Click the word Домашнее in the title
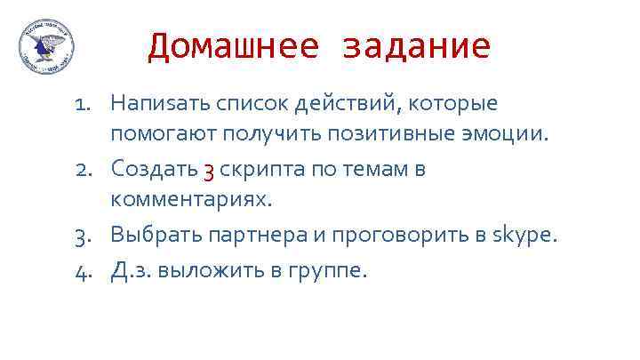click(x=232, y=46)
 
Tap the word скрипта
click(x=259, y=169)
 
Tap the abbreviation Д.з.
click(x=128, y=269)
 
